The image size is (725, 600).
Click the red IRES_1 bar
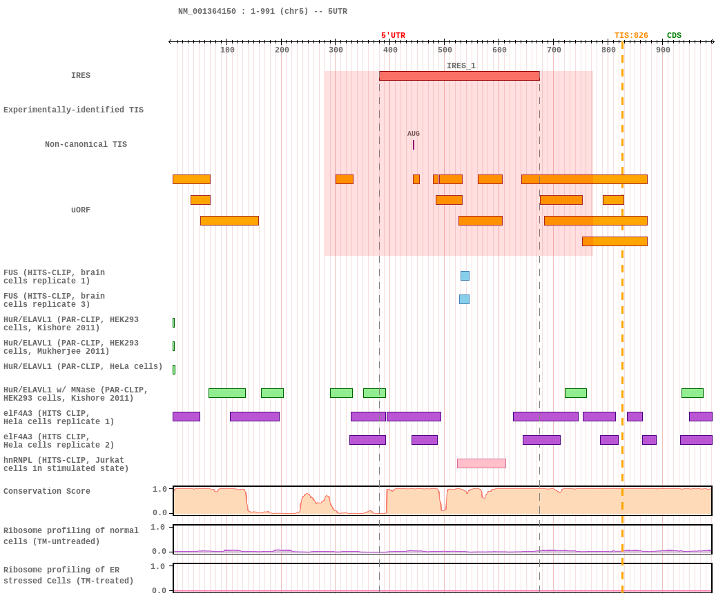click(459, 76)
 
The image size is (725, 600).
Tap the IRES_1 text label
click(461, 66)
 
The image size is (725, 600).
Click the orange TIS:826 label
click(631, 36)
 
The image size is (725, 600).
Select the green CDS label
click(674, 36)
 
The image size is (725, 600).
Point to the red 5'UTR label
click(393, 36)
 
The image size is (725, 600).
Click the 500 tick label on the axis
click(445, 50)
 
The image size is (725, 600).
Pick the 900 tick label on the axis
click(663, 50)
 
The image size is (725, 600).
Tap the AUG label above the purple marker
click(414, 134)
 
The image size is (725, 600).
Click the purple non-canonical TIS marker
click(414, 145)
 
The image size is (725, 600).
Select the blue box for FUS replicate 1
click(465, 276)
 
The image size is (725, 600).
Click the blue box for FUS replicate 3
click(464, 299)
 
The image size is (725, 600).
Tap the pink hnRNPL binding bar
click(481, 463)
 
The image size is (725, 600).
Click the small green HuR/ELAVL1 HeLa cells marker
click(174, 370)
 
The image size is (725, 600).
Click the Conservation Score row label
click(47, 491)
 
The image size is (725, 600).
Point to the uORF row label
click(81, 210)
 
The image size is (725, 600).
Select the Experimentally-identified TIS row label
click(73, 110)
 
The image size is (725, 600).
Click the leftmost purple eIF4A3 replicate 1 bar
click(186, 417)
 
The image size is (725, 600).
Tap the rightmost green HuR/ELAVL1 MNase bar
click(692, 393)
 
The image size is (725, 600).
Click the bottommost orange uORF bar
click(615, 241)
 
